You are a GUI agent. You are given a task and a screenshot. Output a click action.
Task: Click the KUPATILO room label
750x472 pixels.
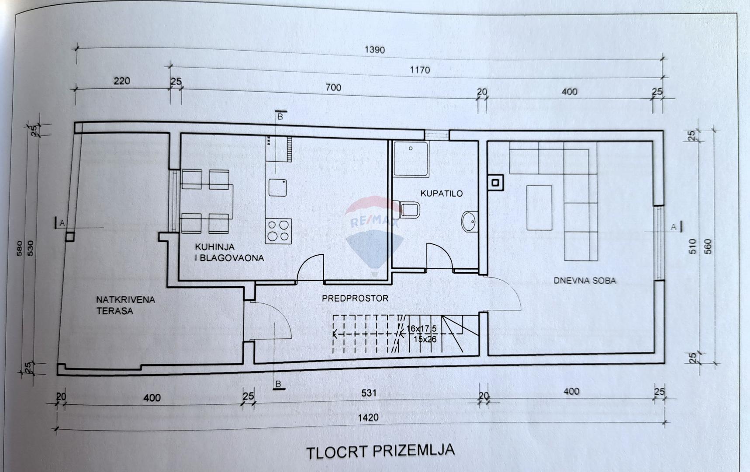pos(441,193)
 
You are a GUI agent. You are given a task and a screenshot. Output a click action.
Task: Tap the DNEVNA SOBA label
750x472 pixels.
pos(585,281)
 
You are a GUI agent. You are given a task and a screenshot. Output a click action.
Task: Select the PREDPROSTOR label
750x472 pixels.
pos(355,298)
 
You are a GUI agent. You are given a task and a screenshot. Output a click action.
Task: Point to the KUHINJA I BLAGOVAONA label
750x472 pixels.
pos(229,252)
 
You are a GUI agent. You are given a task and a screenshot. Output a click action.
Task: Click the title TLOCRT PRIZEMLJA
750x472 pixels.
pos(380,451)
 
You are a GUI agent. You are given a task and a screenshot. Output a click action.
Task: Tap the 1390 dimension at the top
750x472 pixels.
pos(374,50)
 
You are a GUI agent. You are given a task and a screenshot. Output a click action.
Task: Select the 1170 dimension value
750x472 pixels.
pos(419,69)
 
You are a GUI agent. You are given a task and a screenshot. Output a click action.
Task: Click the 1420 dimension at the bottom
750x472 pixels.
pos(368,417)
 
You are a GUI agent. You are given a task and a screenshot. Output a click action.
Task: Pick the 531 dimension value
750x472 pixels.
pos(369,393)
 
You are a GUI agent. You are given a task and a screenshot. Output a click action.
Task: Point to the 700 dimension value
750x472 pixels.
pos(333,87)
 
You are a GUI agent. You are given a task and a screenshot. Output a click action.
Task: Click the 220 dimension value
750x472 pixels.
pos(122,81)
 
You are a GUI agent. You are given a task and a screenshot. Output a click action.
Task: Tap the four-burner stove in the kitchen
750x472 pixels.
pos(278,231)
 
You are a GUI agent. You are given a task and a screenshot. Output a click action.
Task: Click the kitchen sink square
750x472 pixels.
pos(277,187)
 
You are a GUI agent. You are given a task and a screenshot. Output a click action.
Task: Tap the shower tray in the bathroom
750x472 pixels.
pos(411,158)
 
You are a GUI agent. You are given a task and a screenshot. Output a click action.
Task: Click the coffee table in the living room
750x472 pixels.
pos(539,207)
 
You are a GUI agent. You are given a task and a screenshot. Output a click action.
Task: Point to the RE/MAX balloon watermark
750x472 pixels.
pos(374,236)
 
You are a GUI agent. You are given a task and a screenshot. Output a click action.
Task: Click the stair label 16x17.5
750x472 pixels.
pos(422,329)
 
